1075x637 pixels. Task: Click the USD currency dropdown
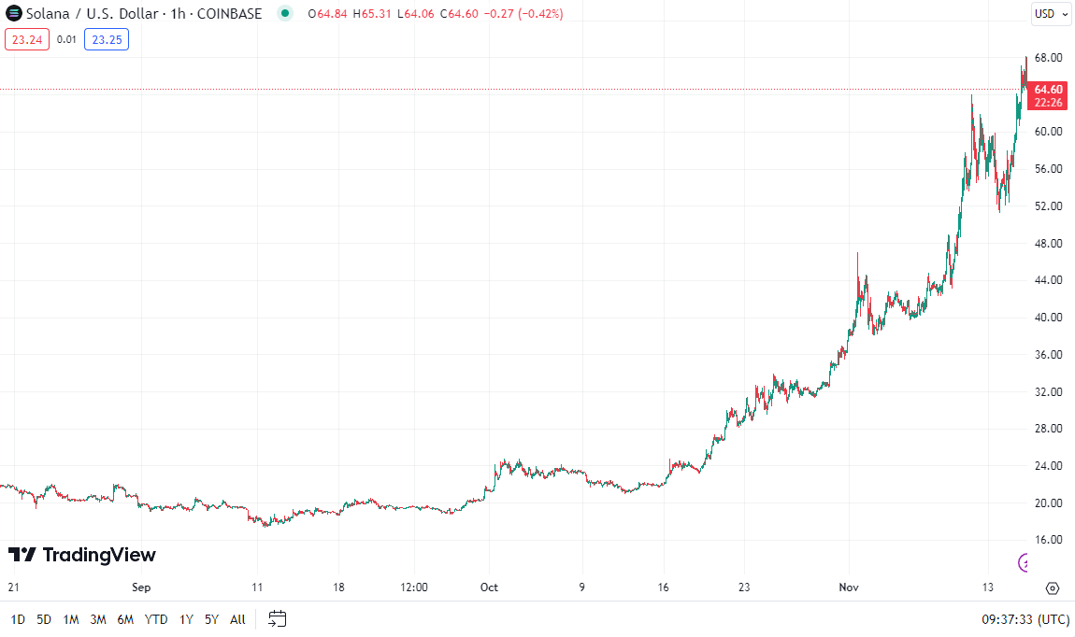point(1051,14)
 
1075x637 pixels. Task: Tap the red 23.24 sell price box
point(27,39)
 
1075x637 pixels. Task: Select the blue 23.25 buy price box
point(107,39)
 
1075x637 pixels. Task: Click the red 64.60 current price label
point(1048,89)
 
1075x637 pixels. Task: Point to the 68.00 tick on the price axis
point(1048,58)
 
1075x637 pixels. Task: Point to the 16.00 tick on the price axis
point(1048,540)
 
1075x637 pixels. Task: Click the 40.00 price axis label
point(1048,318)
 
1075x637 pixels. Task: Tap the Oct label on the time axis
point(489,587)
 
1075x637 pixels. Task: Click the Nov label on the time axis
point(848,587)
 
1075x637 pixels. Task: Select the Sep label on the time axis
point(141,587)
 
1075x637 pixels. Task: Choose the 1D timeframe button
point(18,619)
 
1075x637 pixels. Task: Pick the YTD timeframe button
point(157,619)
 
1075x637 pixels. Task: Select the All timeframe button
point(237,619)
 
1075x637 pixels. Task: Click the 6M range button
point(125,619)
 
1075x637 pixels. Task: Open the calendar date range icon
point(277,618)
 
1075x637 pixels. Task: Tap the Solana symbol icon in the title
point(13,14)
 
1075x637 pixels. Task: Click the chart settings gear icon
point(1053,587)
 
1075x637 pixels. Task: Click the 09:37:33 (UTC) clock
point(1025,619)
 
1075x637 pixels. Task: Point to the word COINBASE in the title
point(229,14)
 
